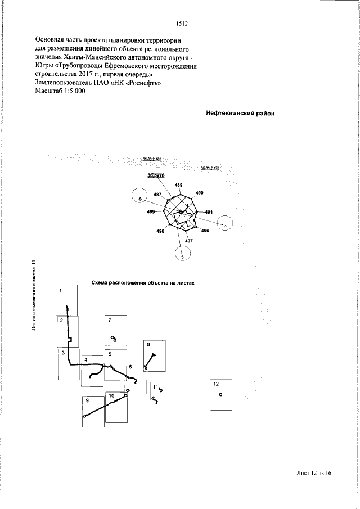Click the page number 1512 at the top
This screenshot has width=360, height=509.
pyautogui.click(x=181, y=24)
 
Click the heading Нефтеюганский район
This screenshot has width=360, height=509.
pyautogui.click(x=240, y=113)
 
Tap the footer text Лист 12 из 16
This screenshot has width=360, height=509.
pyautogui.click(x=313, y=473)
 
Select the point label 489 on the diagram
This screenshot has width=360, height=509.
pyautogui.click(x=178, y=185)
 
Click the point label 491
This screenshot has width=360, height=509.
pyautogui.click(x=208, y=212)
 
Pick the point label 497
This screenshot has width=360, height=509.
pyautogui.click(x=189, y=241)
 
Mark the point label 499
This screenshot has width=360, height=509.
pyautogui.click(x=151, y=211)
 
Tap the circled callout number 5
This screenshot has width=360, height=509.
pyautogui.click(x=182, y=255)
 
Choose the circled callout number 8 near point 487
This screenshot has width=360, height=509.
pyautogui.click(x=140, y=198)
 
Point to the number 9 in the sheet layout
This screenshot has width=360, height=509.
pyautogui.click(x=88, y=400)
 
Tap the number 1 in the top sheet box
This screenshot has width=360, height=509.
pyautogui.click(x=61, y=290)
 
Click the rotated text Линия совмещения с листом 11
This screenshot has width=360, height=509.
pyautogui.click(x=34, y=304)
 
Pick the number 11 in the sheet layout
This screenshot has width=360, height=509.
pyautogui.click(x=155, y=387)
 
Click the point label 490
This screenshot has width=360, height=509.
pyautogui.click(x=199, y=193)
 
